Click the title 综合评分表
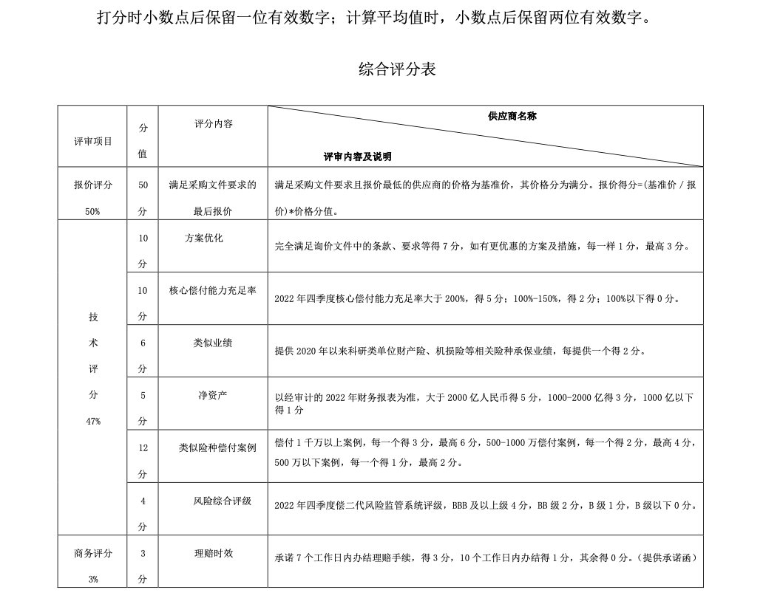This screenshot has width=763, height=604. (x=397, y=70)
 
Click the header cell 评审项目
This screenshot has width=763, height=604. (x=93, y=141)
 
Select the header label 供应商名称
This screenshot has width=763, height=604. (x=512, y=117)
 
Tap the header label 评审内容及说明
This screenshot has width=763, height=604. (x=358, y=157)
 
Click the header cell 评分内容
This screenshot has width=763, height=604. (x=213, y=124)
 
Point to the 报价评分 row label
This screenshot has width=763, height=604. (x=93, y=185)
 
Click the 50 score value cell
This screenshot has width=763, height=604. (x=143, y=185)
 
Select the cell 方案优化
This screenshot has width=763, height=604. (x=203, y=238)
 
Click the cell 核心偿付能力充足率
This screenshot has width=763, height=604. (x=213, y=291)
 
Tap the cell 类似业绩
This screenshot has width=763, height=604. (x=213, y=343)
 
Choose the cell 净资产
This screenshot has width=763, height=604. (x=213, y=395)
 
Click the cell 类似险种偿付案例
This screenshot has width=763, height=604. (x=217, y=447)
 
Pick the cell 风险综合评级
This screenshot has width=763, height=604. (x=223, y=501)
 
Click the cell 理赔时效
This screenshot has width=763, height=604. (x=214, y=552)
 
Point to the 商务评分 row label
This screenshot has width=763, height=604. (x=93, y=553)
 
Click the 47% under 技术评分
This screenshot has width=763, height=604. (x=93, y=421)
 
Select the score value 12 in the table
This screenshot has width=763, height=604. (x=143, y=447)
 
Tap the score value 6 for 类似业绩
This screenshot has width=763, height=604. (x=143, y=343)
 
